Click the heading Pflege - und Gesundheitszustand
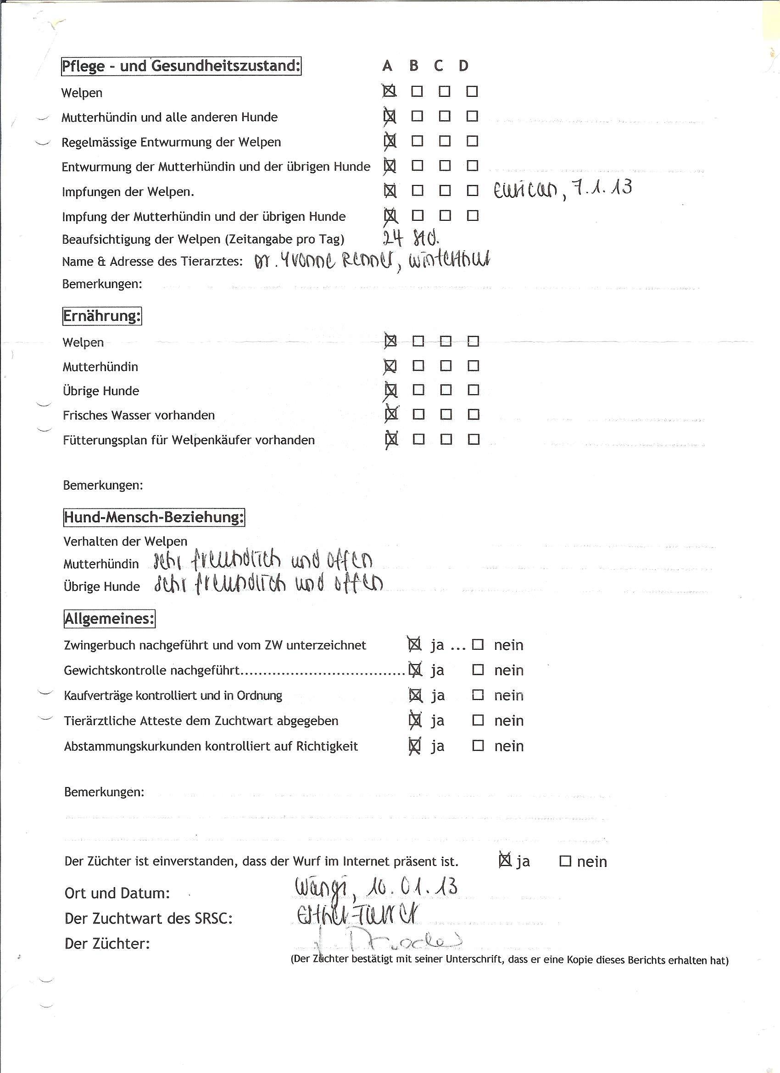coord(181,66)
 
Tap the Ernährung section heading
coord(102,316)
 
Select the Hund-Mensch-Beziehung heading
coord(154,517)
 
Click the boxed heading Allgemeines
coord(109,619)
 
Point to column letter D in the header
coord(463,66)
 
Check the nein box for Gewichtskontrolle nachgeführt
coord(478,670)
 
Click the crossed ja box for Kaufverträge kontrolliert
coord(415,694)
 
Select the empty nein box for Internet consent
coord(565,861)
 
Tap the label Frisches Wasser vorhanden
coord(139,415)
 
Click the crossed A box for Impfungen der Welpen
coord(389,190)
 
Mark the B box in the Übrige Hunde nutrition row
coord(418,390)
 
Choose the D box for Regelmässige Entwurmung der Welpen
coord(472,141)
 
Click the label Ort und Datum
coord(117,893)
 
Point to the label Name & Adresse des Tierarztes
coord(152,262)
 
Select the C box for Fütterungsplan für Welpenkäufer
coord(446,440)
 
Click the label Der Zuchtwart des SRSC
coord(149,918)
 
